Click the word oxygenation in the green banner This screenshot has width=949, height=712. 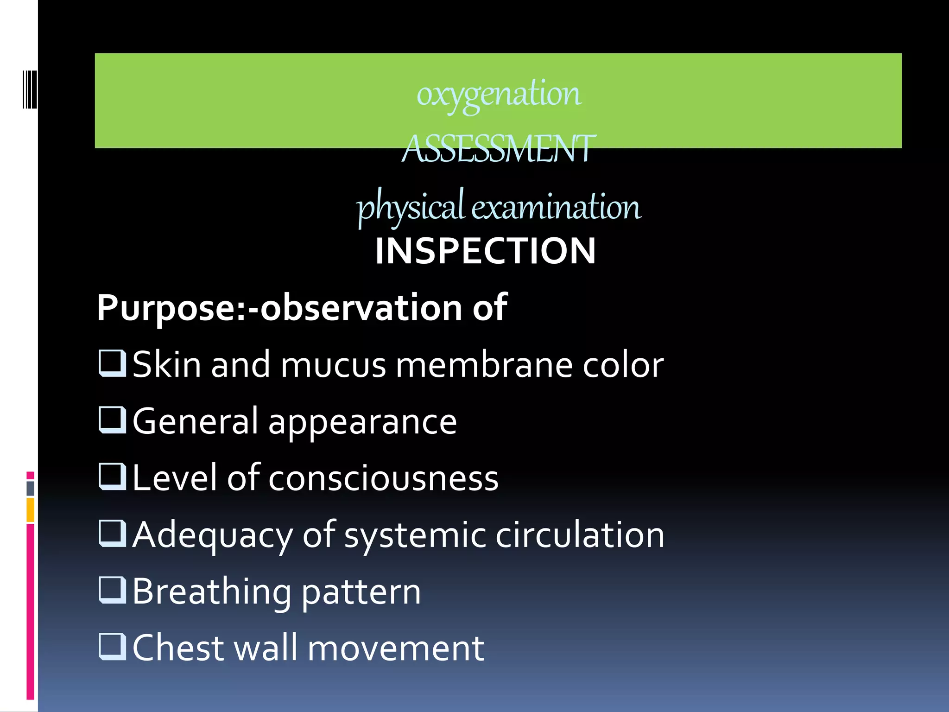tap(498, 94)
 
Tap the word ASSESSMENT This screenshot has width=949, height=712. tap(498, 149)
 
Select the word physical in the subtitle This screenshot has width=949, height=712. tap(410, 207)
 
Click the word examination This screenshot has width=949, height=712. tap(556, 207)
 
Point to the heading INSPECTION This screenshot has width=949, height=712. tap(485, 251)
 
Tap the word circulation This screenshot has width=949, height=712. tap(580, 535)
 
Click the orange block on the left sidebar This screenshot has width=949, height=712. tap(31, 510)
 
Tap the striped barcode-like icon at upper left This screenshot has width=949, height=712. tap(30, 89)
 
